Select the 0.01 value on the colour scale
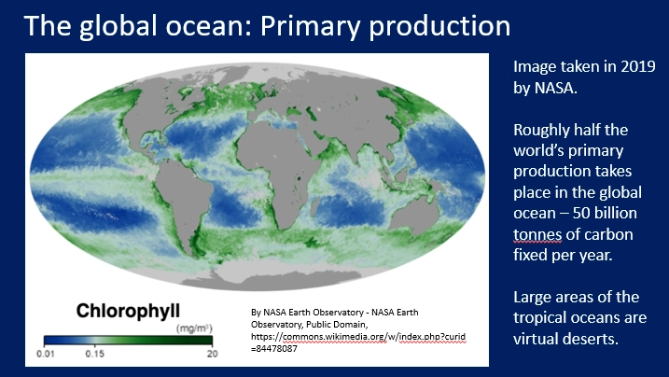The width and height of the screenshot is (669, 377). click(x=45, y=355)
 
